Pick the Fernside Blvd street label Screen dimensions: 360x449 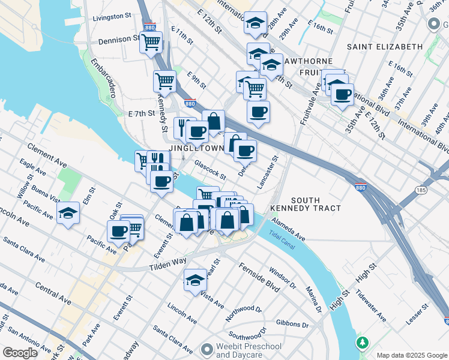(259, 277)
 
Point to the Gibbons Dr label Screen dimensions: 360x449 (292, 324)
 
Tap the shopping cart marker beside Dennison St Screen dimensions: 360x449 (151, 42)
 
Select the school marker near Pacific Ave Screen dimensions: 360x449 (68, 212)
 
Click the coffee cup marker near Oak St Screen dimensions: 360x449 (118, 230)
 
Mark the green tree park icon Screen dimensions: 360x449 (362, 343)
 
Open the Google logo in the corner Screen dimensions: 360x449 (20, 352)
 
